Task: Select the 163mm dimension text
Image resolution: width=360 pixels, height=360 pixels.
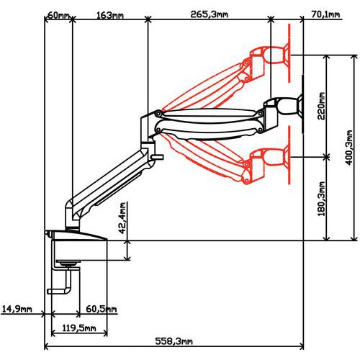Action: pyautogui.click(x=110, y=15)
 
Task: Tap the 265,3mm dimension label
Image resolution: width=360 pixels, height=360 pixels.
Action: pyautogui.click(x=210, y=14)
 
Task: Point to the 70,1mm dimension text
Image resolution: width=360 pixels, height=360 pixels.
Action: pyautogui.click(x=325, y=14)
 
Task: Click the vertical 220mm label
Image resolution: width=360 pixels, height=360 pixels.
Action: pyautogui.click(x=321, y=106)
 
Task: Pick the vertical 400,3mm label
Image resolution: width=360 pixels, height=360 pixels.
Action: pyautogui.click(x=348, y=148)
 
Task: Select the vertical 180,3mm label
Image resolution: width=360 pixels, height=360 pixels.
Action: pyautogui.click(x=321, y=199)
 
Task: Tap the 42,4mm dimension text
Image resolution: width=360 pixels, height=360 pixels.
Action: pyautogui.click(x=122, y=218)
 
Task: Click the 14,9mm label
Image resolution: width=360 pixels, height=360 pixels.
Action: pyautogui.click(x=17, y=309)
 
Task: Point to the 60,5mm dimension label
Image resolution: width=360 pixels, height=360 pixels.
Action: pyautogui.click(x=102, y=309)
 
